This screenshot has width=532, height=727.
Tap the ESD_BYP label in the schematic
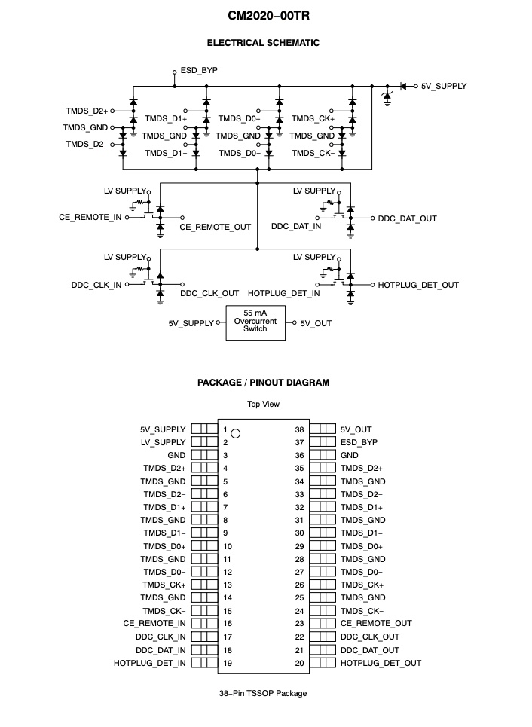click(x=199, y=70)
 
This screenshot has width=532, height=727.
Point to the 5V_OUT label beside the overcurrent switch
click(x=316, y=323)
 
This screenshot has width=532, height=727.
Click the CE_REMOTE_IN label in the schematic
click(x=90, y=218)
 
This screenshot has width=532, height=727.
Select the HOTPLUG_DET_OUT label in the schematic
click(x=418, y=285)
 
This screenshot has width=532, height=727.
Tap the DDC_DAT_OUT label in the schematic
click(x=407, y=218)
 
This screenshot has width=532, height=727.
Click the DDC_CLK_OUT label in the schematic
click(x=209, y=293)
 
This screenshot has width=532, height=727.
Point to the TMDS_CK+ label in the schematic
click(x=313, y=118)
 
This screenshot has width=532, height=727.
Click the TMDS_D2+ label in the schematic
click(x=87, y=111)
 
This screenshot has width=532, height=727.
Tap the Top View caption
click(x=263, y=405)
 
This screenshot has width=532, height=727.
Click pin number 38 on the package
click(x=299, y=429)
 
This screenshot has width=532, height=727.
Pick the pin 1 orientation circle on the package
click(x=236, y=433)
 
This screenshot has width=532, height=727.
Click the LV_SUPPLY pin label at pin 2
click(x=163, y=442)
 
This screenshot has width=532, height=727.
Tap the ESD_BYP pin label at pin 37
click(x=358, y=442)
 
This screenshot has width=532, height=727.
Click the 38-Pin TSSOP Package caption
click(x=263, y=693)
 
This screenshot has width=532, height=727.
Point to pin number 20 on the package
click(x=299, y=663)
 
